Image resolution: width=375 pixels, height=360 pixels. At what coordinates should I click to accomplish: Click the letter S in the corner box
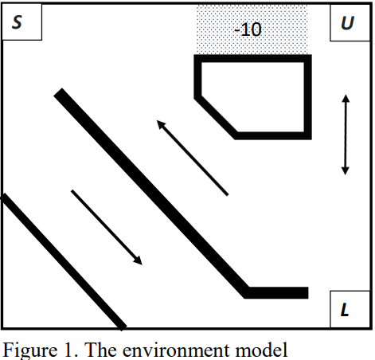pos(18,24)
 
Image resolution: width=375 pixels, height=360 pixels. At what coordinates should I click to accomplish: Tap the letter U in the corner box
pos(346,24)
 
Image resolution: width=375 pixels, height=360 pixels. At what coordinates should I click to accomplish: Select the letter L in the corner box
pos(345,310)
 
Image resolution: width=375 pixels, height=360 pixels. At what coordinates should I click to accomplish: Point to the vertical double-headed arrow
pos(345,135)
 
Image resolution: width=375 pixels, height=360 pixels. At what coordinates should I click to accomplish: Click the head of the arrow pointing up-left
pos(160,123)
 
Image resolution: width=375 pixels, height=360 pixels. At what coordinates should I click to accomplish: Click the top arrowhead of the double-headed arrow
pos(345,99)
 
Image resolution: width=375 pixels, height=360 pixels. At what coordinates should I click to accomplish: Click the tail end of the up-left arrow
pos(228,194)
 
